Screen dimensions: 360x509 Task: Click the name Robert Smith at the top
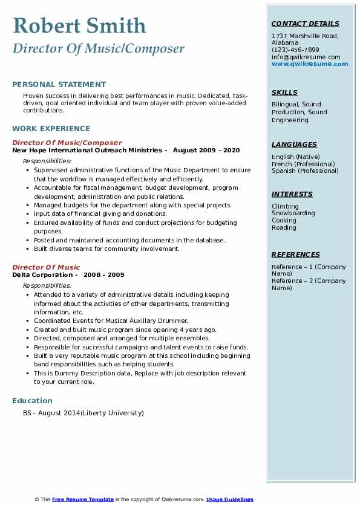[79, 26]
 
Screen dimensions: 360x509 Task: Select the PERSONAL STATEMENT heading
[59, 85]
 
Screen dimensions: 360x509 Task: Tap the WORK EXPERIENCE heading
[51, 128]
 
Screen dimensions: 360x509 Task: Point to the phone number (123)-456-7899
[295, 50]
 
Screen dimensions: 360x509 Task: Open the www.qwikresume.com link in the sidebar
[309, 63]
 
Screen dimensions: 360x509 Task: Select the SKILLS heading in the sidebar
[284, 92]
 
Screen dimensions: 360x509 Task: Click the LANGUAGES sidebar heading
[294, 144]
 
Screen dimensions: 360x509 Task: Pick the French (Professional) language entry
[303, 164]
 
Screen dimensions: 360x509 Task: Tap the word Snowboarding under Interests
[293, 213]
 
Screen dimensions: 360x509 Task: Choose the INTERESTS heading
[292, 194]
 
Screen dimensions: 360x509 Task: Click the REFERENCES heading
[296, 254]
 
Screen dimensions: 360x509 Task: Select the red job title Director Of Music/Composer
[67, 143]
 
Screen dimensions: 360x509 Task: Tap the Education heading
[32, 400]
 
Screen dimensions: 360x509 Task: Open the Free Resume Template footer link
[83, 499]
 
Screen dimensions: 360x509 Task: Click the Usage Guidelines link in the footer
[229, 499]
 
